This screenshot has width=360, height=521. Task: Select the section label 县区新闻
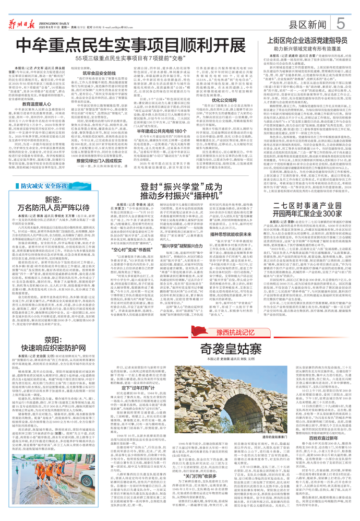[307, 24]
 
